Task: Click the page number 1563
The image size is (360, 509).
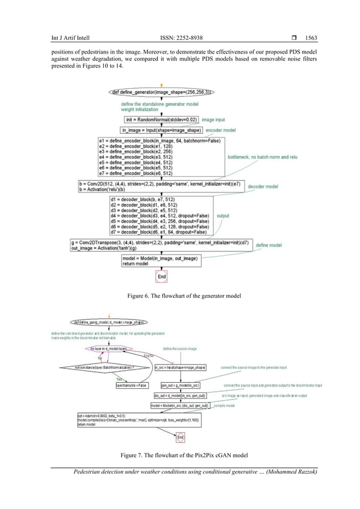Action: (x=311, y=38)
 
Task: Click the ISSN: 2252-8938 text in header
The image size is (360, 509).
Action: (x=181, y=38)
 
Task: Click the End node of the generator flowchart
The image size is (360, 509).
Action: (x=162, y=277)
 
